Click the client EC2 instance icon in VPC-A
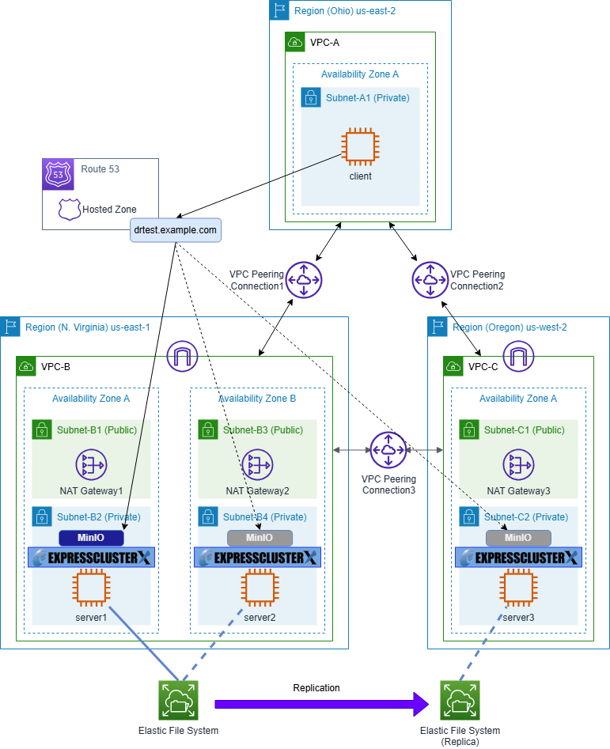tap(360, 148)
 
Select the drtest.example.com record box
tap(176, 230)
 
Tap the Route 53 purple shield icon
tap(59, 175)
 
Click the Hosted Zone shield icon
tap(70, 210)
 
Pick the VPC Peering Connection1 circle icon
tap(303, 280)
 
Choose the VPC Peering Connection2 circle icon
tap(430, 280)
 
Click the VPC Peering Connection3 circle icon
tap(388, 450)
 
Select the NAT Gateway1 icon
tap(92, 464)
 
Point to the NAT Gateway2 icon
tap(258, 464)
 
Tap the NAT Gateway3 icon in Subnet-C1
tap(519, 464)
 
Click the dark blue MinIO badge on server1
tap(92, 538)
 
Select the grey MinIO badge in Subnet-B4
tap(260, 538)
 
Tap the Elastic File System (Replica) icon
tap(460, 700)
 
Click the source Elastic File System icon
tap(179, 700)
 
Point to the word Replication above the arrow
tap(316, 688)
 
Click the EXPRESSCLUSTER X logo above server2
tap(257, 558)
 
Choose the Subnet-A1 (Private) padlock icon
tap(310, 98)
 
